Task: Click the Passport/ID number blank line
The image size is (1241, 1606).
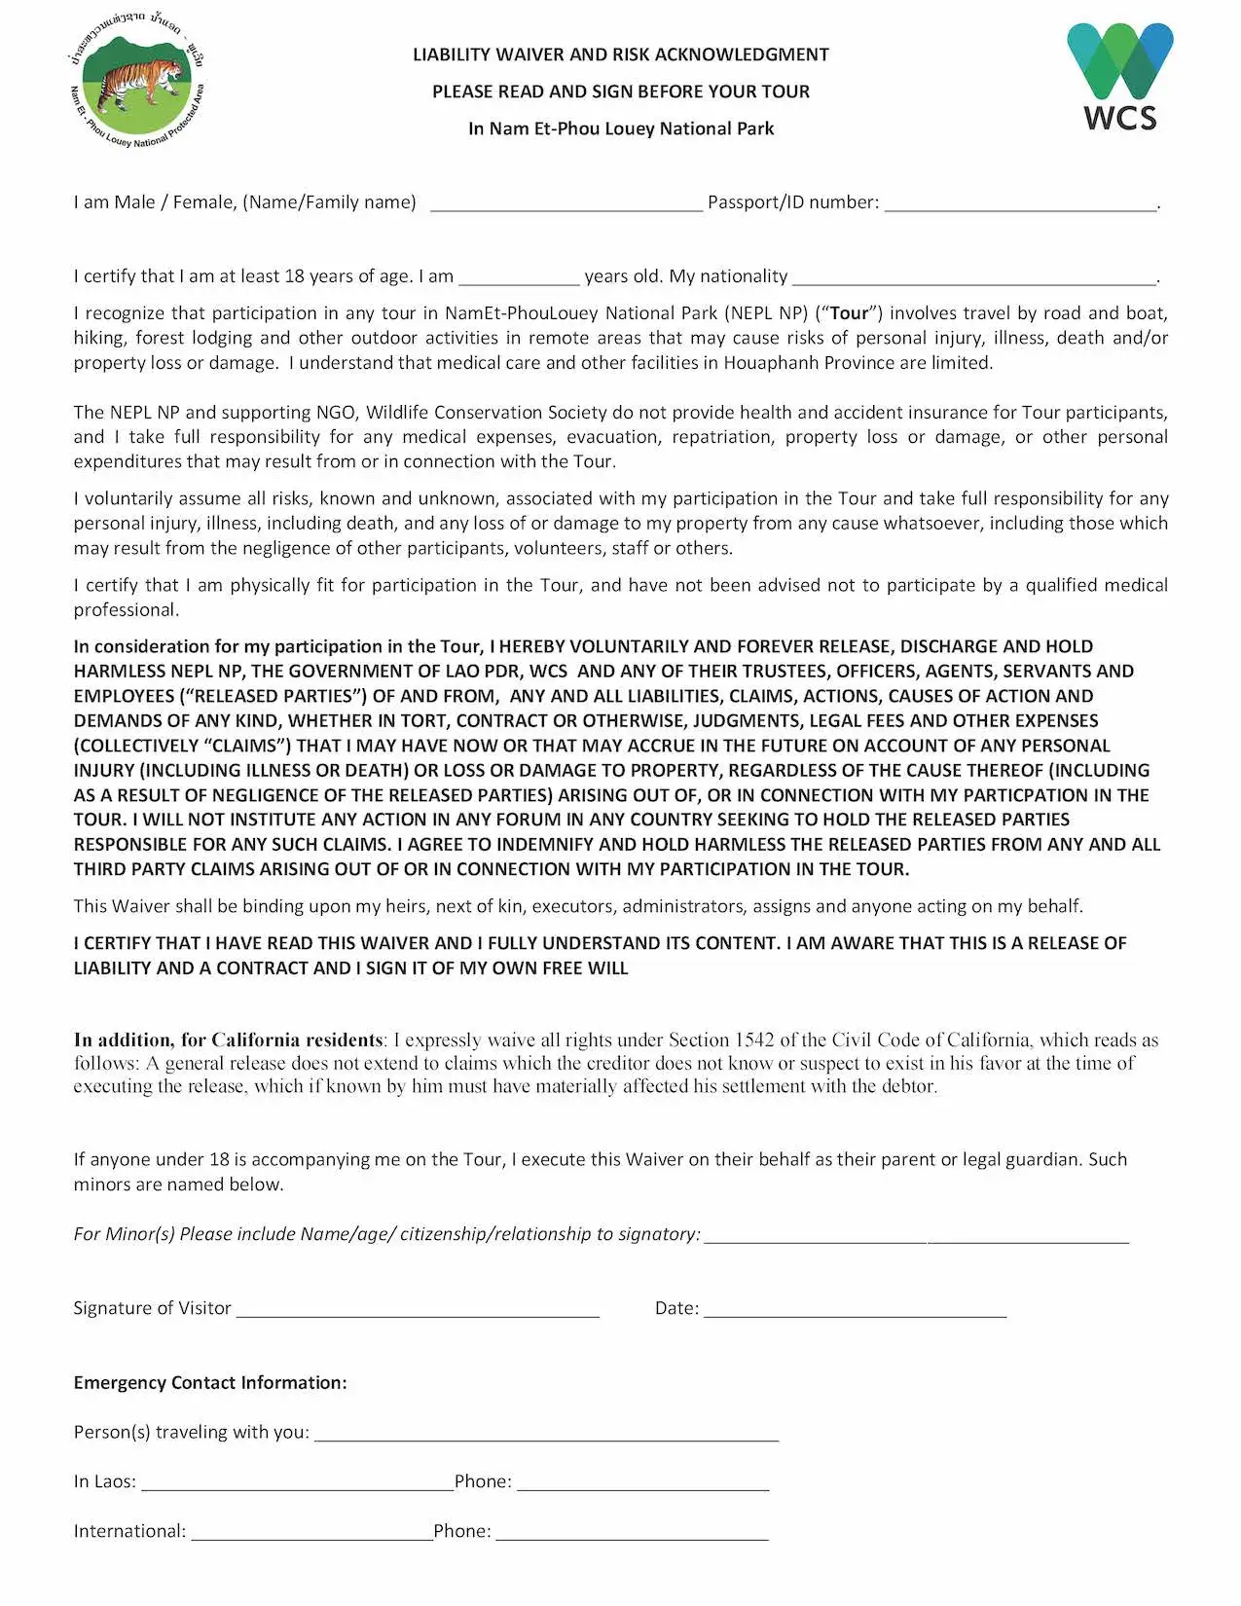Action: pos(1020,206)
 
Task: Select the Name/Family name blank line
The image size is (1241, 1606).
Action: pos(566,206)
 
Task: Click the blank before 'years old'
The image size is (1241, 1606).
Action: pos(519,280)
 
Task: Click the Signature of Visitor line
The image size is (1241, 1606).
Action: pos(418,1313)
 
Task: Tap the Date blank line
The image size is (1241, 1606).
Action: pos(855,1313)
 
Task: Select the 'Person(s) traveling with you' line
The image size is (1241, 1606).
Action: pos(546,1437)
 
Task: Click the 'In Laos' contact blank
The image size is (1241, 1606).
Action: pos(297,1486)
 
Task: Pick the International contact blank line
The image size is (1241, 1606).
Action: pos(311,1536)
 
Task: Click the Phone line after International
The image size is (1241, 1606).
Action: pos(632,1536)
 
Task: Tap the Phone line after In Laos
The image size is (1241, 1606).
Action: pos(642,1486)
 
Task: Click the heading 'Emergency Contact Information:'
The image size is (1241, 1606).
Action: pos(210,1383)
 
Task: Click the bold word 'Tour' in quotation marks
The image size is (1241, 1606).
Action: pos(849,313)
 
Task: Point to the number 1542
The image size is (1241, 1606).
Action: pos(753,1040)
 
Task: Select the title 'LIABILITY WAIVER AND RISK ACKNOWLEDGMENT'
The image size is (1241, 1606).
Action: pos(621,55)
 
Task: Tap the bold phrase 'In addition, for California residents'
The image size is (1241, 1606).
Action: pos(228,1040)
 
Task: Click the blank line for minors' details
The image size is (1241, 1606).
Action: pos(916,1239)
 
